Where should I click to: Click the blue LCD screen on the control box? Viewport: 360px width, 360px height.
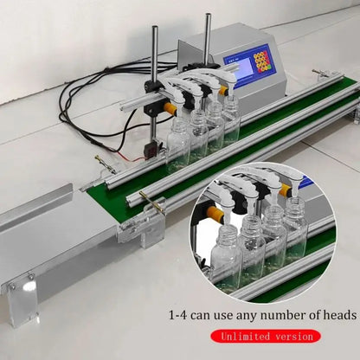click(x=238, y=64)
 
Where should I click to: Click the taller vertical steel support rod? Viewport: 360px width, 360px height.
click(x=207, y=43)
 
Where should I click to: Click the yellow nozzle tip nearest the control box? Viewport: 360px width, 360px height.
click(x=223, y=89)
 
